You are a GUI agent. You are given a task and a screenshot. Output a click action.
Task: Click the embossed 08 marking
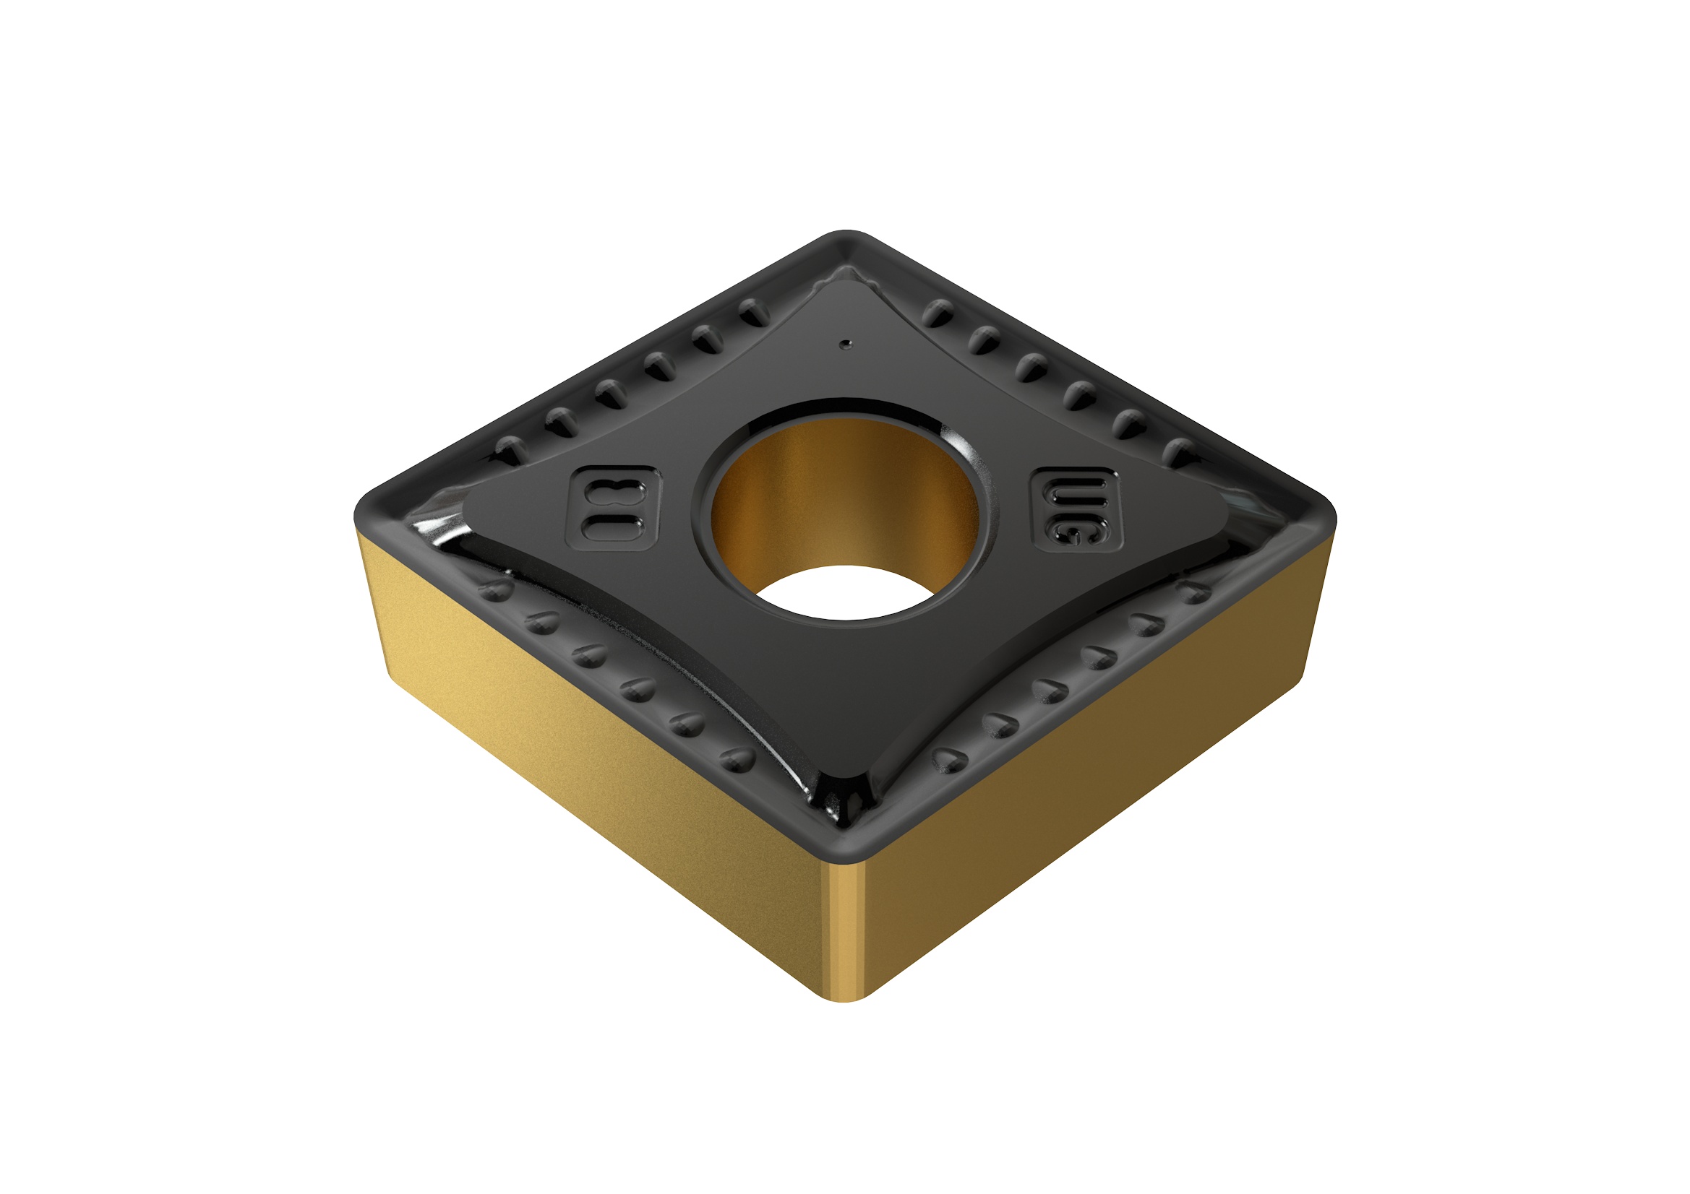click(x=613, y=509)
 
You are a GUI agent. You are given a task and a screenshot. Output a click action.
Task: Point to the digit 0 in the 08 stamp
click(x=613, y=527)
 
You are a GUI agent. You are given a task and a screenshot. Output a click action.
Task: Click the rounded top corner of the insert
click(x=846, y=237)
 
